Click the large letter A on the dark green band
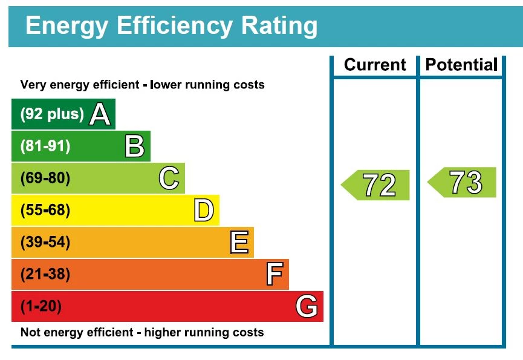click(x=100, y=114)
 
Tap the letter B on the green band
click(x=134, y=146)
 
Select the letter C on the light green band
click(x=169, y=178)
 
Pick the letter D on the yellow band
click(x=204, y=211)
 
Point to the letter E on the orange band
click(x=239, y=243)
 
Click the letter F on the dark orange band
click(x=274, y=275)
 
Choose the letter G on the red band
click(x=307, y=307)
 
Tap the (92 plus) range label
click(x=52, y=114)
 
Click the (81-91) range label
click(x=45, y=146)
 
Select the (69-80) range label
click(x=45, y=178)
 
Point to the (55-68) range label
click(x=45, y=211)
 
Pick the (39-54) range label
click(x=45, y=243)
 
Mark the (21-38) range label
click(x=45, y=275)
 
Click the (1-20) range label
click(x=41, y=307)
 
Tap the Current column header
click(x=375, y=65)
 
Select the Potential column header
click(x=461, y=65)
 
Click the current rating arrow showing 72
click(x=376, y=185)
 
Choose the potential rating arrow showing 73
click(x=463, y=182)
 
